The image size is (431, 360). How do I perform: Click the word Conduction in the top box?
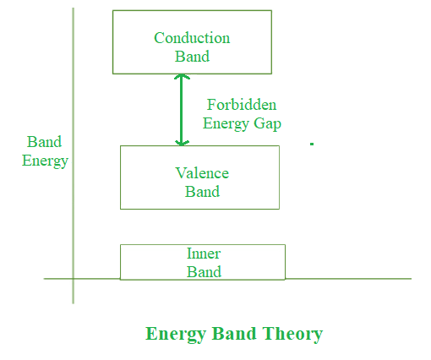(x=192, y=38)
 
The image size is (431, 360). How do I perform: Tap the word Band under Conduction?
(x=192, y=57)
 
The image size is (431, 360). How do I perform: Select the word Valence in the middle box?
(x=202, y=173)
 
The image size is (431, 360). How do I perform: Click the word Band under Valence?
(x=202, y=192)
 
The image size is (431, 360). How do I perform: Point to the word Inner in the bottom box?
(x=204, y=254)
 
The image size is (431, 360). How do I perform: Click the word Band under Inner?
(x=204, y=272)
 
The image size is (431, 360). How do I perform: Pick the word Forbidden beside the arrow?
(x=242, y=105)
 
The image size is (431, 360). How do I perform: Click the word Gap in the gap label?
(x=267, y=124)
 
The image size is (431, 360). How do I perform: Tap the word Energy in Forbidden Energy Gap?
(x=226, y=124)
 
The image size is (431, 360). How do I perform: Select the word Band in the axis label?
(x=44, y=142)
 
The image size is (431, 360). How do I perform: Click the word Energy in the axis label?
(x=45, y=161)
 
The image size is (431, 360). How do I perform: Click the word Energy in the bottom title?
(x=176, y=335)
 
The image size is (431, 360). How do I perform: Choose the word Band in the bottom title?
(x=234, y=334)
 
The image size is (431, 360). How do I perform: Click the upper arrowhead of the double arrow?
(x=182, y=76)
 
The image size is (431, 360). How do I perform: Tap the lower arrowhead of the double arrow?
(x=182, y=144)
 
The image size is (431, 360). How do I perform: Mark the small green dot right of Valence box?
(x=312, y=144)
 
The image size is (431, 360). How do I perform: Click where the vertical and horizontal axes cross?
(x=74, y=279)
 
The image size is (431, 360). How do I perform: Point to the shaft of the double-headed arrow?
(x=182, y=110)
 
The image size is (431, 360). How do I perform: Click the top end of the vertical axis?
(x=74, y=8)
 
